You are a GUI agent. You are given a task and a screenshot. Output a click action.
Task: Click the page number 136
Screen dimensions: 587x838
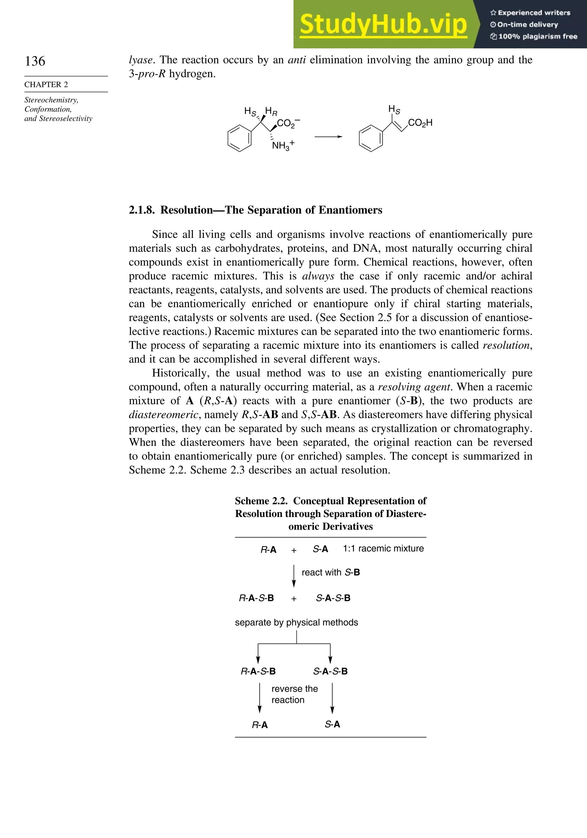click(35, 61)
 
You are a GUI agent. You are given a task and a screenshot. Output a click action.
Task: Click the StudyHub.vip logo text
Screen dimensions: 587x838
click(383, 24)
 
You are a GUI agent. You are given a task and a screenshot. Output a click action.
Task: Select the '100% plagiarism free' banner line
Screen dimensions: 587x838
click(534, 36)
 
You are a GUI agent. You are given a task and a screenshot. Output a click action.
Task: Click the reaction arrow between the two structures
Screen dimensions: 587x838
click(328, 137)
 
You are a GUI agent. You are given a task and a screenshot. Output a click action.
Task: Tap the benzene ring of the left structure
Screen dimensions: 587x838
click(239, 138)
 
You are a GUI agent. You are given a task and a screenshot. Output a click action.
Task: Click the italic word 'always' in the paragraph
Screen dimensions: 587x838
click(318, 276)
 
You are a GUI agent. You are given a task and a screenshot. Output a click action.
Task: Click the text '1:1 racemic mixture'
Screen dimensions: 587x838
click(383, 548)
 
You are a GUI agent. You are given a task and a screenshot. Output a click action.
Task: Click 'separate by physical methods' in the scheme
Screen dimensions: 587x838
click(296, 622)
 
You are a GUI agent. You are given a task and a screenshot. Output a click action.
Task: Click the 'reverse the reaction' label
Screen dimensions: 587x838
click(294, 694)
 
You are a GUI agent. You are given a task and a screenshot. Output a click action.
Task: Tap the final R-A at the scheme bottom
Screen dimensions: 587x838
click(260, 725)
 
